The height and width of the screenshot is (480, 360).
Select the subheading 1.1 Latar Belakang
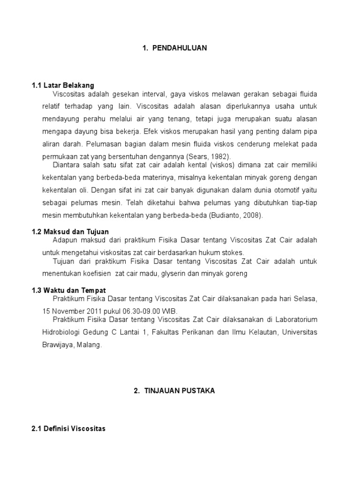tap(63, 85)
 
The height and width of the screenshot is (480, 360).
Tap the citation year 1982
tap(221, 156)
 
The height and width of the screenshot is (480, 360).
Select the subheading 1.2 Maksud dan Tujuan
tap(70, 232)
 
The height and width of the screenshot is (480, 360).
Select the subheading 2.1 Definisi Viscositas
tap(68, 428)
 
